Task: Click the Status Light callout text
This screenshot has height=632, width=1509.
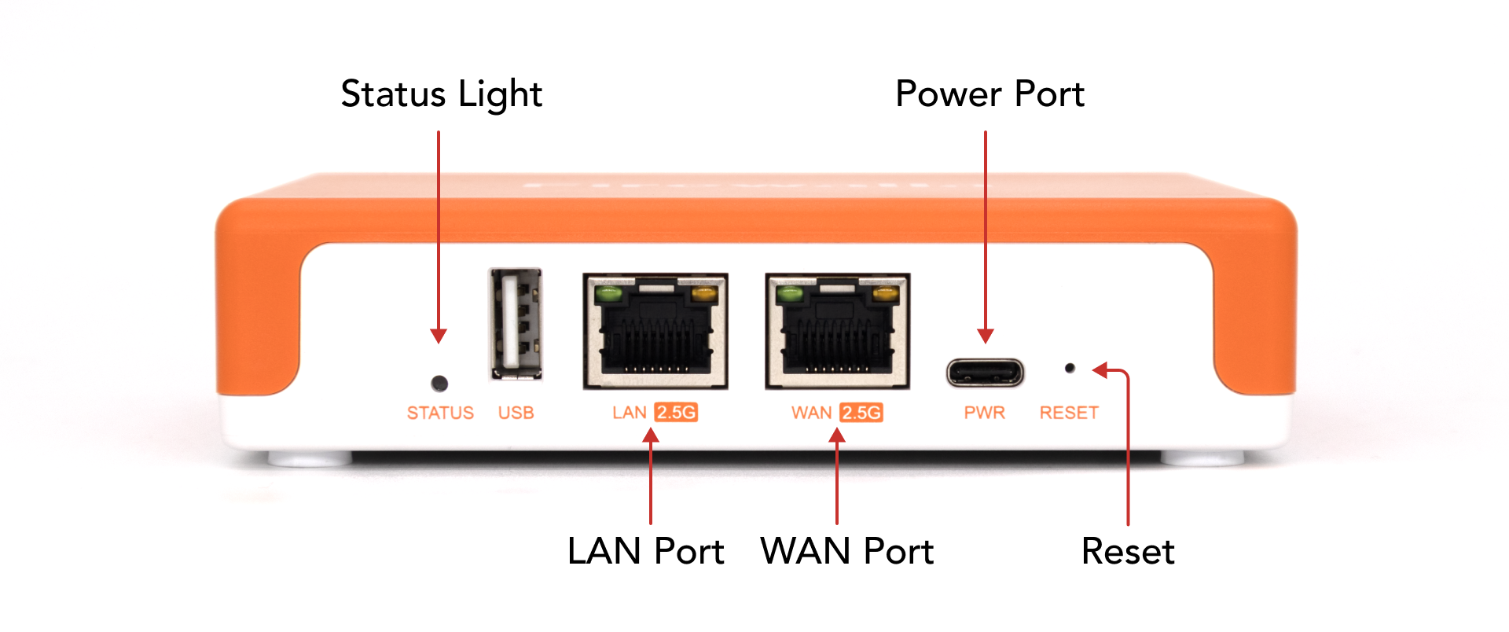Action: [441, 94]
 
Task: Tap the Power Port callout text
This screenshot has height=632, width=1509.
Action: [989, 94]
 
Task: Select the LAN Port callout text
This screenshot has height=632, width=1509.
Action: [645, 551]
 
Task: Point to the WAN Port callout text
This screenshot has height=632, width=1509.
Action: [846, 551]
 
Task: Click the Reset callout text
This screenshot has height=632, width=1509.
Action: [1128, 551]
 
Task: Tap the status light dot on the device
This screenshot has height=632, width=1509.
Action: [440, 384]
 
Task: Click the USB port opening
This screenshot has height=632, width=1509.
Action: [516, 324]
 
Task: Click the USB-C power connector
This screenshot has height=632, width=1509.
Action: [985, 372]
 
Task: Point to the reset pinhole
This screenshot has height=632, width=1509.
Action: [1070, 368]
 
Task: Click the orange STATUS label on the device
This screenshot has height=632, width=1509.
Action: [440, 413]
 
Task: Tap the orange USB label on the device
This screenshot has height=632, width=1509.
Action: [516, 413]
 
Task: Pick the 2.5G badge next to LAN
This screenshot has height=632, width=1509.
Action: [676, 413]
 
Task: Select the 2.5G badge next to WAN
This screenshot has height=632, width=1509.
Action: [861, 413]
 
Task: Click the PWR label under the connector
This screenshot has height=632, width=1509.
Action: [985, 413]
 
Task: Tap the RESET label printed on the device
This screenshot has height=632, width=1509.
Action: [1069, 413]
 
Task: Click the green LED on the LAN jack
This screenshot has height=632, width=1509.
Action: [608, 296]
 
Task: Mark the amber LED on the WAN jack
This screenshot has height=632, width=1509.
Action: [885, 296]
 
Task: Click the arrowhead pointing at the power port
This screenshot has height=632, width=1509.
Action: [985, 336]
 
